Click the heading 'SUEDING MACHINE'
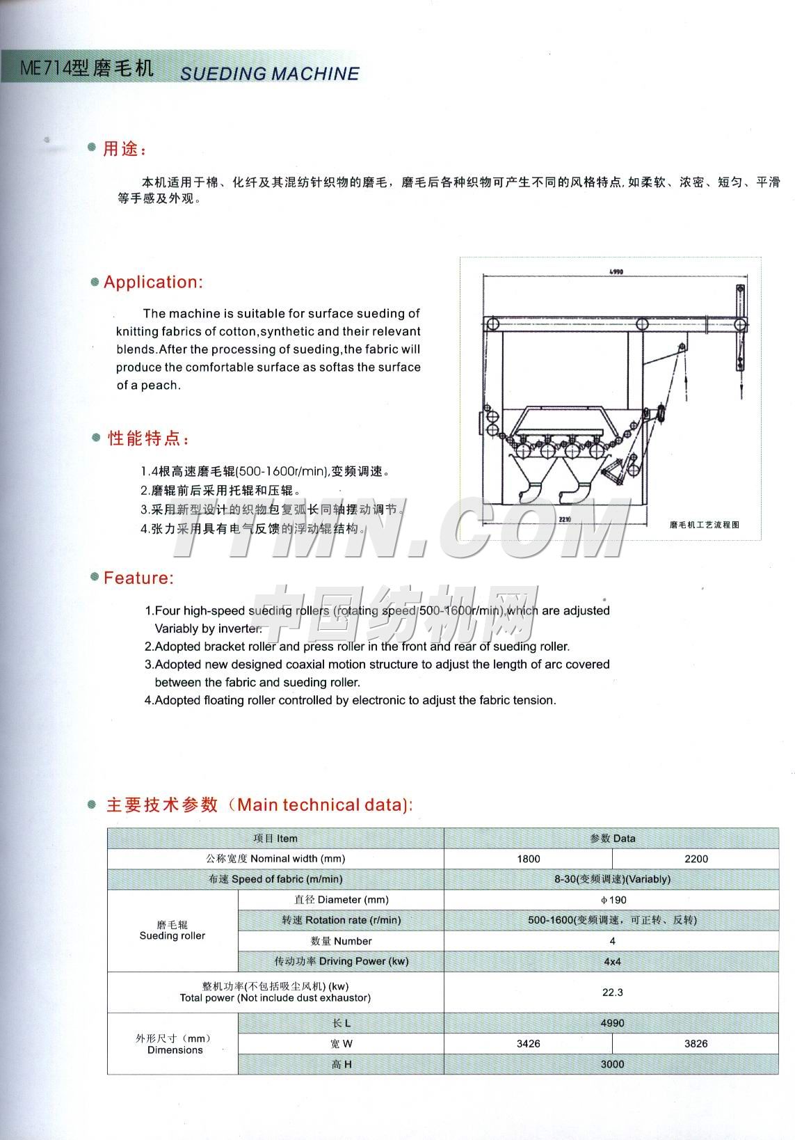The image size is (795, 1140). [270, 73]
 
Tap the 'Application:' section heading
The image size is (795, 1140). [153, 282]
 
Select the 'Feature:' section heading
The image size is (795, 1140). [138, 578]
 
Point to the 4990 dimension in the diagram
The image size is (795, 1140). [616, 272]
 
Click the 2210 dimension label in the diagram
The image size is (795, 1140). [565, 519]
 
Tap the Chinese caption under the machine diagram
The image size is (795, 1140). [704, 524]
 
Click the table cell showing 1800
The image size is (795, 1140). [528, 859]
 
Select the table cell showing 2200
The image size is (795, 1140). [696, 859]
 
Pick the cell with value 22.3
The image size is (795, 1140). [612, 992]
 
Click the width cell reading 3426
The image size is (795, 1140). [528, 1044]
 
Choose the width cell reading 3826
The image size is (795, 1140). [696, 1044]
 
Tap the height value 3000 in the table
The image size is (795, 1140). [612, 1064]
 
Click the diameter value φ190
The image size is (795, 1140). [612, 900]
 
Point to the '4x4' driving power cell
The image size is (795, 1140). [612, 961]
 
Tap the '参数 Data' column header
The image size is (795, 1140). [612, 838]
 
